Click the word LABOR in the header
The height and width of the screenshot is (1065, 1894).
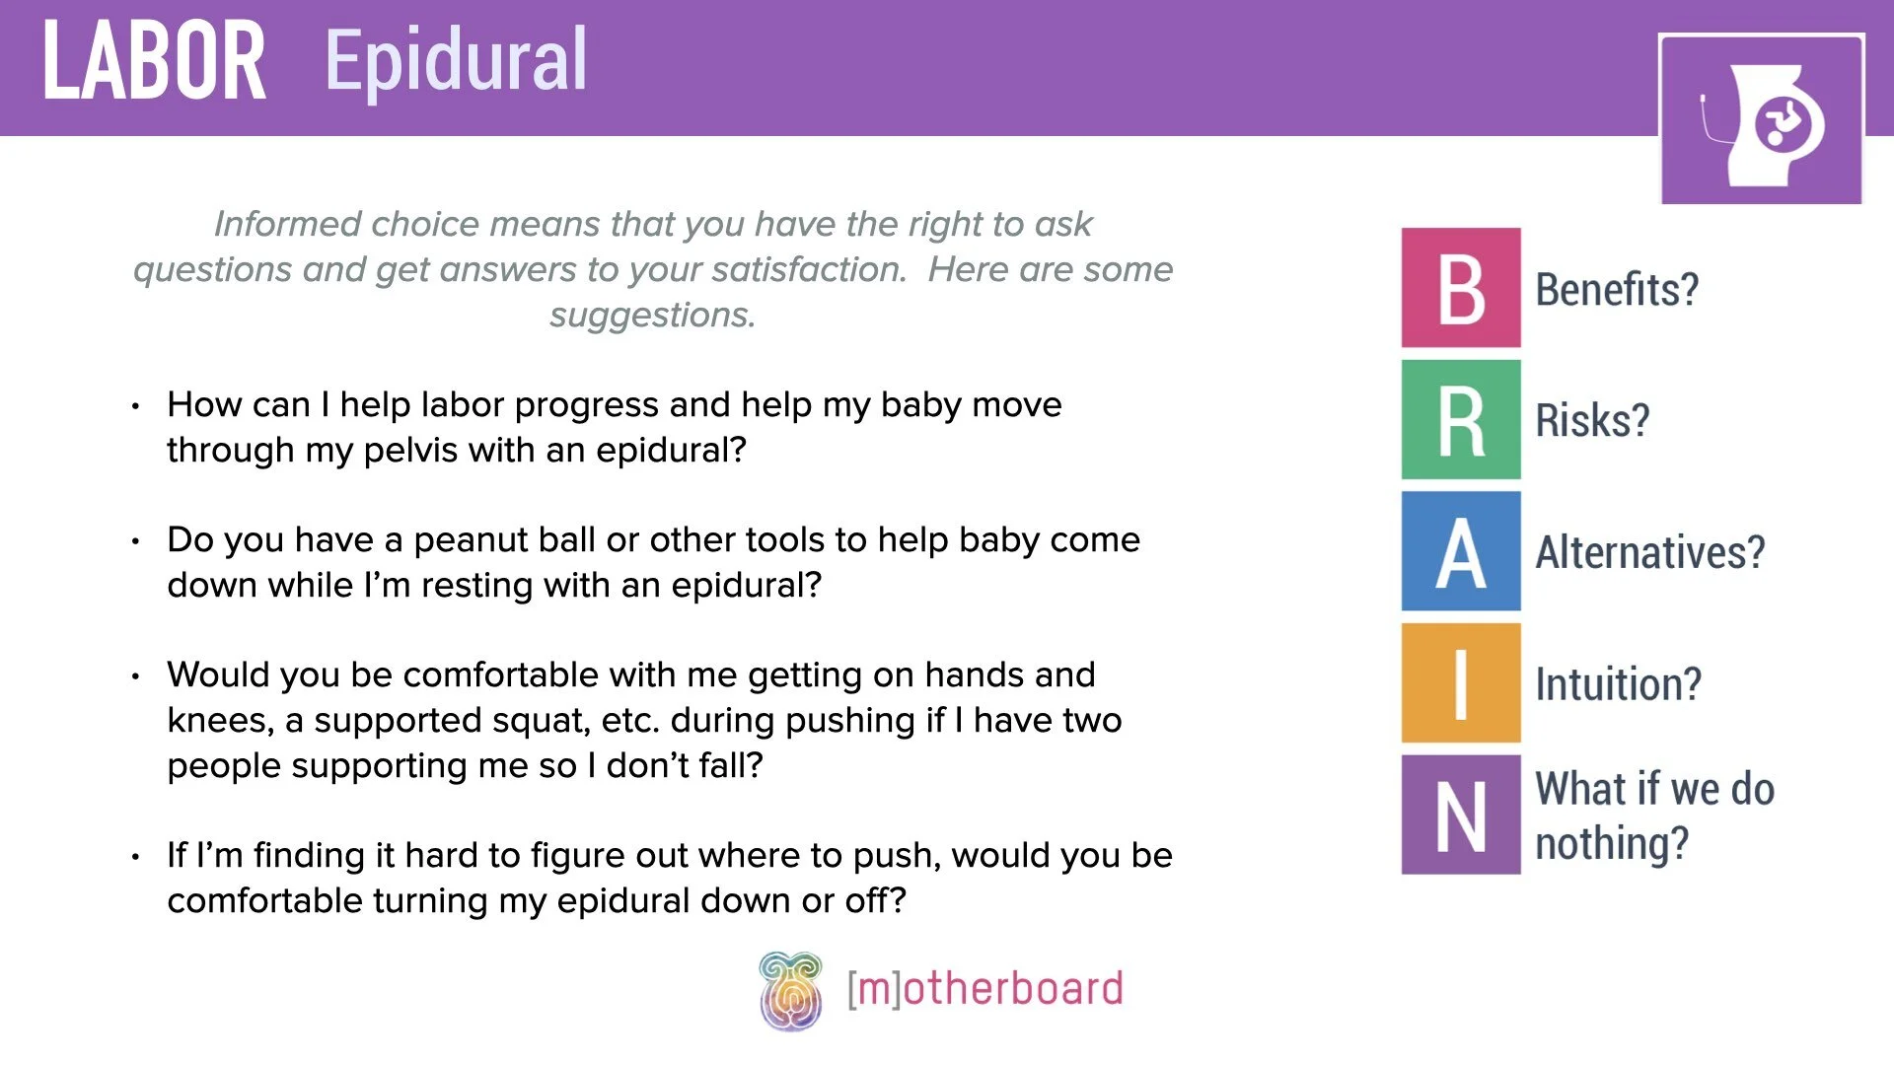[154, 61]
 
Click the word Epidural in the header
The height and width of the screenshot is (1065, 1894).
[456, 61]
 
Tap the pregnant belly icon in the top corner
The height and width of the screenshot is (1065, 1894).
[1762, 120]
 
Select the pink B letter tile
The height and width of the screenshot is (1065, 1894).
[1461, 288]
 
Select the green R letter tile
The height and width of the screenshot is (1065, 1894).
[1461, 420]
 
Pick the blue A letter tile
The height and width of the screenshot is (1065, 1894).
[1461, 551]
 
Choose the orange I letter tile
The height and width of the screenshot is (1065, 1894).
[1461, 682]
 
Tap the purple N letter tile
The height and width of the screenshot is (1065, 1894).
[1461, 815]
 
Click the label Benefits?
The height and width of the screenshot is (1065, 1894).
[1617, 290]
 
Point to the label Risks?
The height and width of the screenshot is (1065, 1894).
[1592, 421]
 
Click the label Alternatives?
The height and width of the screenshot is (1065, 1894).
[1649, 552]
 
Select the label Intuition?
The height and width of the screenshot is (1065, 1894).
[1618, 683]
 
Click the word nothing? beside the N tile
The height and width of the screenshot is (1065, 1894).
[1612, 844]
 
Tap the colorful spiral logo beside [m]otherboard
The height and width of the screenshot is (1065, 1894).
[790, 991]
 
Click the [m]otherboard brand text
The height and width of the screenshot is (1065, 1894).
[984, 989]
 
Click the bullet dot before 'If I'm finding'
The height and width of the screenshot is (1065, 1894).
[135, 857]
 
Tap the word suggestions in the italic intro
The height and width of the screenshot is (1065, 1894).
[652, 316]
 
